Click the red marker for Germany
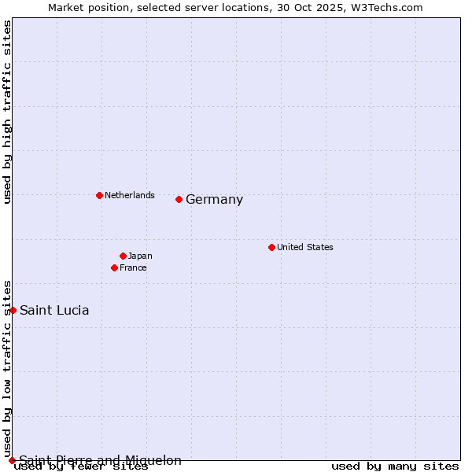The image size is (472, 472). pyautogui.click(x=179, y=199)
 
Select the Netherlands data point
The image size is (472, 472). pyautogui.click(x=99, y=195)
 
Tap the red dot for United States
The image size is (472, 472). pyautogui.click(x=271, y=247)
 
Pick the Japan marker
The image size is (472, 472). pyautogui.click(x=124, y=256)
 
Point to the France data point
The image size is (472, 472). pyautogui.click(x=115, y=267)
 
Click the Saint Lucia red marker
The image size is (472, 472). pyautogui.click(x=13, y=310)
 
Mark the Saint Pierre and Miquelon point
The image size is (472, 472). pyautogui.click(x=12, y=460)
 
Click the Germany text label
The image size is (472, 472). pyautogui.click(x=214, y=200)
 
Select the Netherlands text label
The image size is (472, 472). pyautogui.click(x=130, y=195)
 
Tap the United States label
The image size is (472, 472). pyautogui.click(x=305, y=247)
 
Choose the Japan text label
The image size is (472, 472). pyautogui.click(x=140, y=256)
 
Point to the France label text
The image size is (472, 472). pyautogui.click(x=133, y=267)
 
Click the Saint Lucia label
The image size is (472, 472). pyautogui.click(x=54, y=310)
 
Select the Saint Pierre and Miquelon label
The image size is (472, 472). pyautogui.click(x=101, y=460)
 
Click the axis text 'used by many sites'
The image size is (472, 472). pyautogui.click(x=395, y=466)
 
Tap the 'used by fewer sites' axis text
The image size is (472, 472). pyautogui.click(x=81, y=466)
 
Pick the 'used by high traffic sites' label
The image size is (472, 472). pyautogui.click(x=7, y=112)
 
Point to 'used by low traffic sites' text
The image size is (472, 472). pyautogui.click(x=7, y=368)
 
